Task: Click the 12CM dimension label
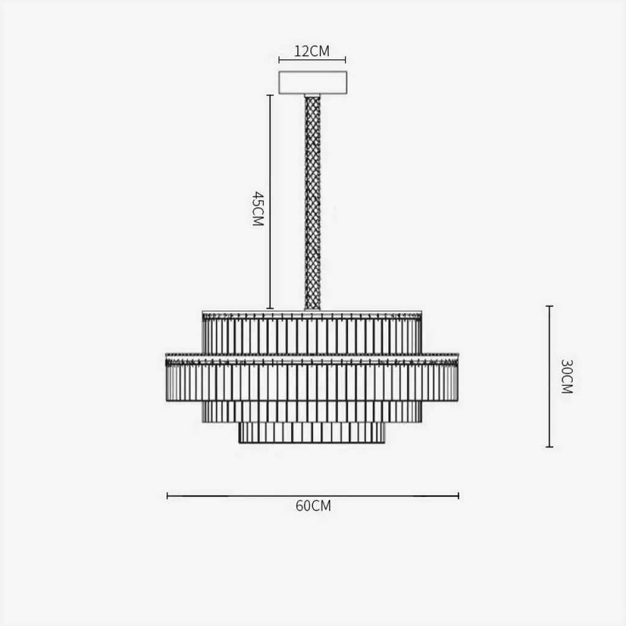(x=312, y=51)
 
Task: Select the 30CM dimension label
(x=567, y=376)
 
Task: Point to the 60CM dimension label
(x=313, y=506)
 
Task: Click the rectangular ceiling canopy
(x=312, y=83)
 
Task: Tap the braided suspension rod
(x=312, y=202)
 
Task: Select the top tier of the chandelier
(x=312, y=333)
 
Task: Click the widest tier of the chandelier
(x=312, y=379)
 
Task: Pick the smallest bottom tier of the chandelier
(x=312, y=432)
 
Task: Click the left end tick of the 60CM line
(x=168, y=496)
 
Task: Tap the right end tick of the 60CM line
(x=458, y=496)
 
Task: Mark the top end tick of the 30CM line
(x=550, y=306)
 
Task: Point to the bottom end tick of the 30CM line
(x=550, y=447)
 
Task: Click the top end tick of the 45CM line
(x=270, y=95)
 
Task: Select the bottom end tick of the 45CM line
(x=270, y=309)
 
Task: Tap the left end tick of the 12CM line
(x=279, y=60)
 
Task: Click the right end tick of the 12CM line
(x=345, y=60)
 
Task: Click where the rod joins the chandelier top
(x=312, y=309)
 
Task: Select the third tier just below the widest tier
(x=312, y=411)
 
